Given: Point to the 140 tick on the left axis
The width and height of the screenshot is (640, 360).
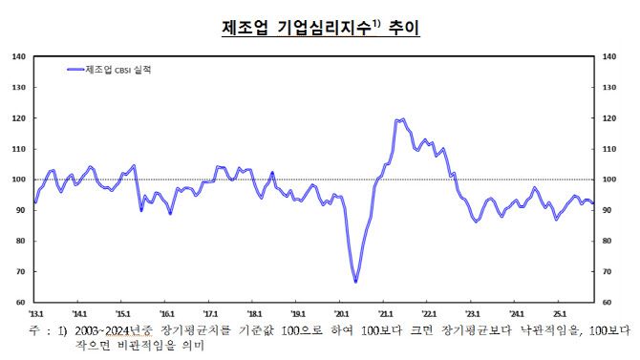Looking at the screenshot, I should (x=18, y=56).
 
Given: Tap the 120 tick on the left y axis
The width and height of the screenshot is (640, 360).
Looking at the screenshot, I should (x=18, y=118).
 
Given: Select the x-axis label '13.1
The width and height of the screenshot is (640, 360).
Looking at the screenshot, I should (x=36, y=312).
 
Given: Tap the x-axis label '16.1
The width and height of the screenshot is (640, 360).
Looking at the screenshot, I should (x=167, y=312).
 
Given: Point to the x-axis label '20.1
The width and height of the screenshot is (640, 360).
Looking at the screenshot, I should (x=341, y=312).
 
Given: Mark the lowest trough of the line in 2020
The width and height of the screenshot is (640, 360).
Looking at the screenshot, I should (x=355, y=282).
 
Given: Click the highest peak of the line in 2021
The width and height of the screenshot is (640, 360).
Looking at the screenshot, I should (x=403, y=119).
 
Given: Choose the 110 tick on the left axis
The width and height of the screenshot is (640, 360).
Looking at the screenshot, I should (x=18, y=149).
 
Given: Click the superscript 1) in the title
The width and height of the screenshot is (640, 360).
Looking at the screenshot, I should (x=374, y=24).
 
